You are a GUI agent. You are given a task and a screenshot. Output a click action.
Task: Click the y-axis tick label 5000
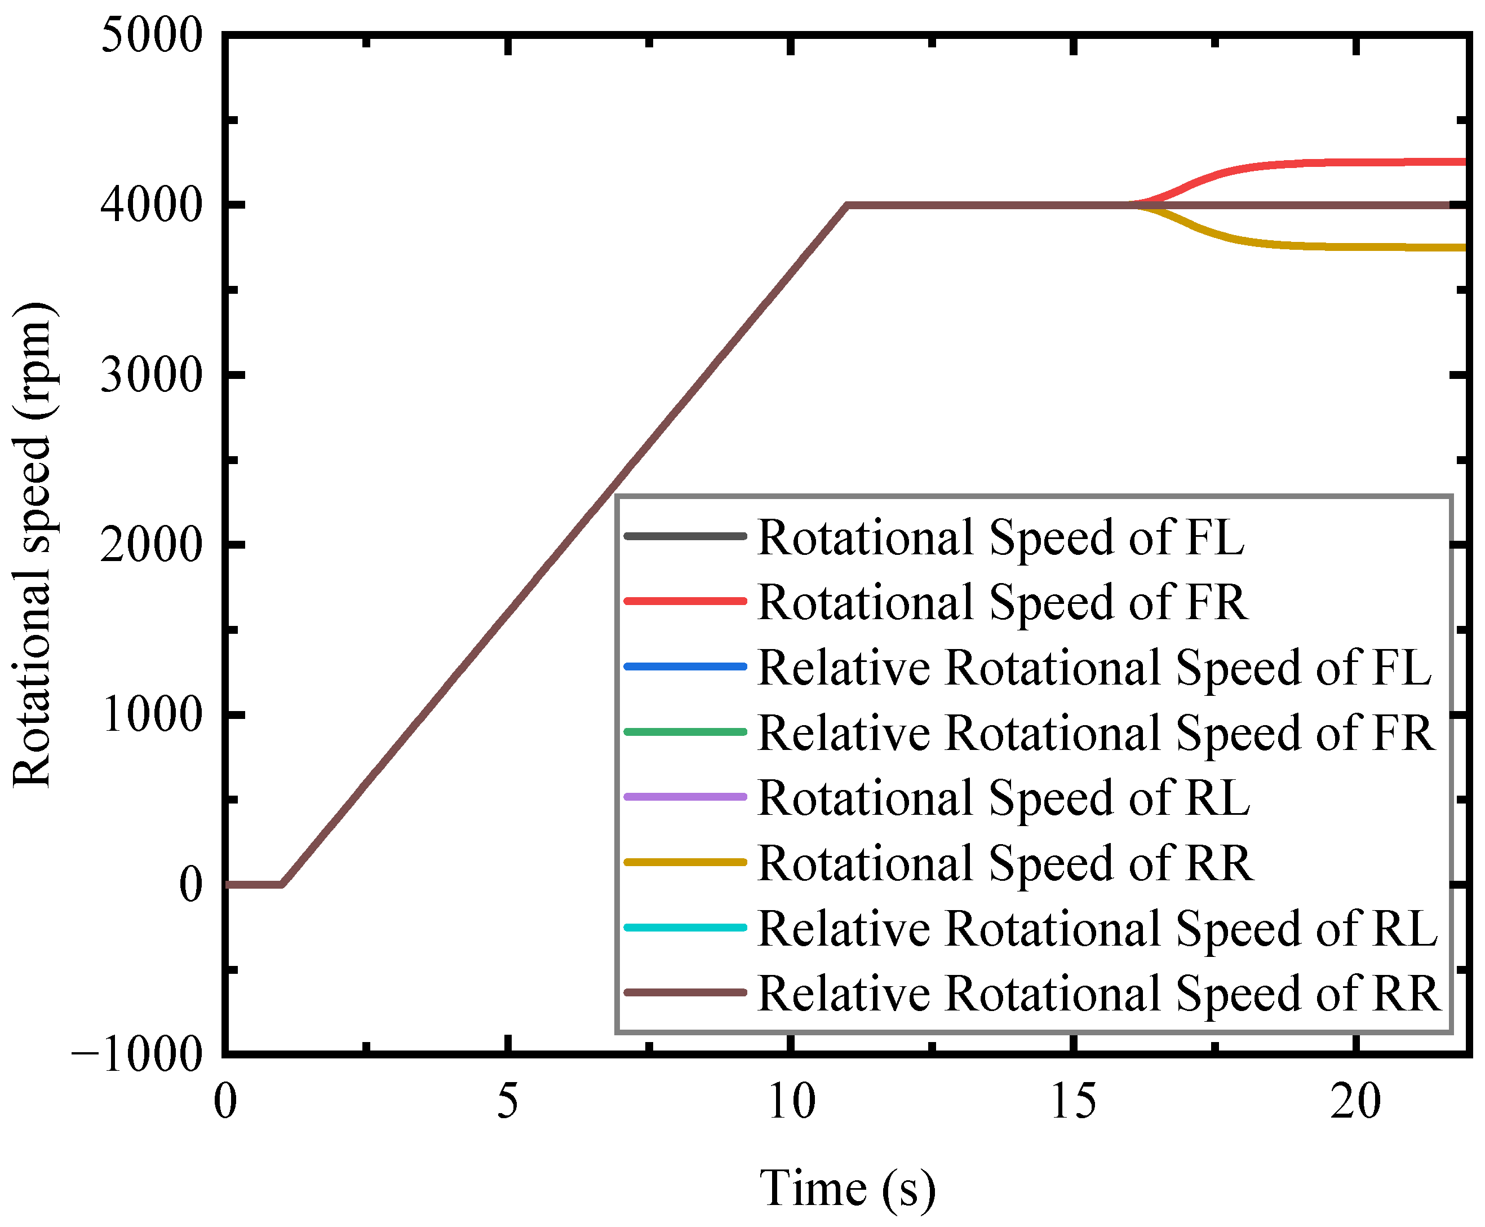(151, 36)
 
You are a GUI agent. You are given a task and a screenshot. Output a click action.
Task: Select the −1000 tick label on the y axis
(137, 1054)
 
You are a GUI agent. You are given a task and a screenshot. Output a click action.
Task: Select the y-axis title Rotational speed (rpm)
(33, 544)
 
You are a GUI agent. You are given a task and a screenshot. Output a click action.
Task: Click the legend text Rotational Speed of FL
(1000, 538)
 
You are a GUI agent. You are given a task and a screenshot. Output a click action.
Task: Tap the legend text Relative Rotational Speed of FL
(1094, 667)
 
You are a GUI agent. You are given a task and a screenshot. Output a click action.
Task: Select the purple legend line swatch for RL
(685, 797)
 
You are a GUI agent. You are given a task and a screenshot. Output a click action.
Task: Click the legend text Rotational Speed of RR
(1005, 863)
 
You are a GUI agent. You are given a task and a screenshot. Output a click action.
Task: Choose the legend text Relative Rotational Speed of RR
(1098, 994)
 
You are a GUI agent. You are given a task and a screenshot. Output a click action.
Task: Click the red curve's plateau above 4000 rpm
(1377, 162)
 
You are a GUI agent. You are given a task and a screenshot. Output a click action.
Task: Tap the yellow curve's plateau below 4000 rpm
(1377, 246)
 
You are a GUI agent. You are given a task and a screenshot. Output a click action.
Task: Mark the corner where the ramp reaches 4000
(847, 206)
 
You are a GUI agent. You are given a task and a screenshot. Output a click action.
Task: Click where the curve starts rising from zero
(282, 884)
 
